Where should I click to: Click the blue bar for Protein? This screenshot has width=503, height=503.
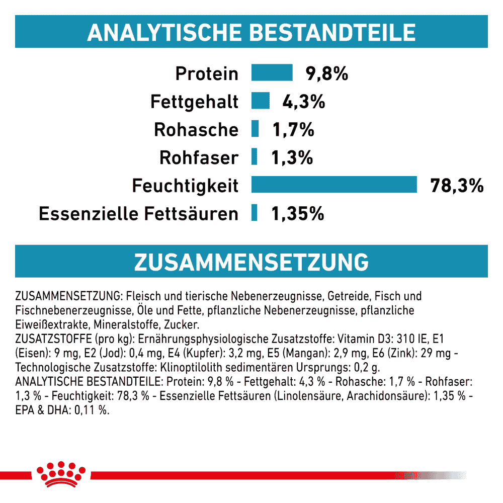(x=272, y=72)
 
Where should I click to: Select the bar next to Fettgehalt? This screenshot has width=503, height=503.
(x=261, y=101)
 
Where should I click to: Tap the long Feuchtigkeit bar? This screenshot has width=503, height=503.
(x=334, y=185)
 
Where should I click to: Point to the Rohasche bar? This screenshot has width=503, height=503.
(x=255, y=129)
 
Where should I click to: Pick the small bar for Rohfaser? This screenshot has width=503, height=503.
(x=254, y=156)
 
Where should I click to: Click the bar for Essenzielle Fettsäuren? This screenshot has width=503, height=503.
(x=254, y=212)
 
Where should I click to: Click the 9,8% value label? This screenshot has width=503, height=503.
(x=326, y=73)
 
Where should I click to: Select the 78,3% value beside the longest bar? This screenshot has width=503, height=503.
(x=457, y=186)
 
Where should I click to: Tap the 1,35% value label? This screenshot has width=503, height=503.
(x=298, y=214)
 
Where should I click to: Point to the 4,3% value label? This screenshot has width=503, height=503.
(x=303, y=102)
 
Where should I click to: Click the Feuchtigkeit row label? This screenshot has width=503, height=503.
(x=185, y=186)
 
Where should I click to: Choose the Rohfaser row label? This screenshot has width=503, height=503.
(x=199, y=157)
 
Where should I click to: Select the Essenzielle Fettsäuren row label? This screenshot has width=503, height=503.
(x=139, y=214)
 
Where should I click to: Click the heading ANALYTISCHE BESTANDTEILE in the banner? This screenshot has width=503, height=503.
(x=251, y=32)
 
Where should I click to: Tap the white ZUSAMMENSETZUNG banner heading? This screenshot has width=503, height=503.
(x=251, y=262)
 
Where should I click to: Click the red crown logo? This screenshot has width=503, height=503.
(x=61, y=474)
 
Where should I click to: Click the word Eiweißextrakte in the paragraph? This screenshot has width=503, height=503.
(x=53, y=324)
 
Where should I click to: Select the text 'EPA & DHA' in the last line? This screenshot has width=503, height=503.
(x=42, y=410)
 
